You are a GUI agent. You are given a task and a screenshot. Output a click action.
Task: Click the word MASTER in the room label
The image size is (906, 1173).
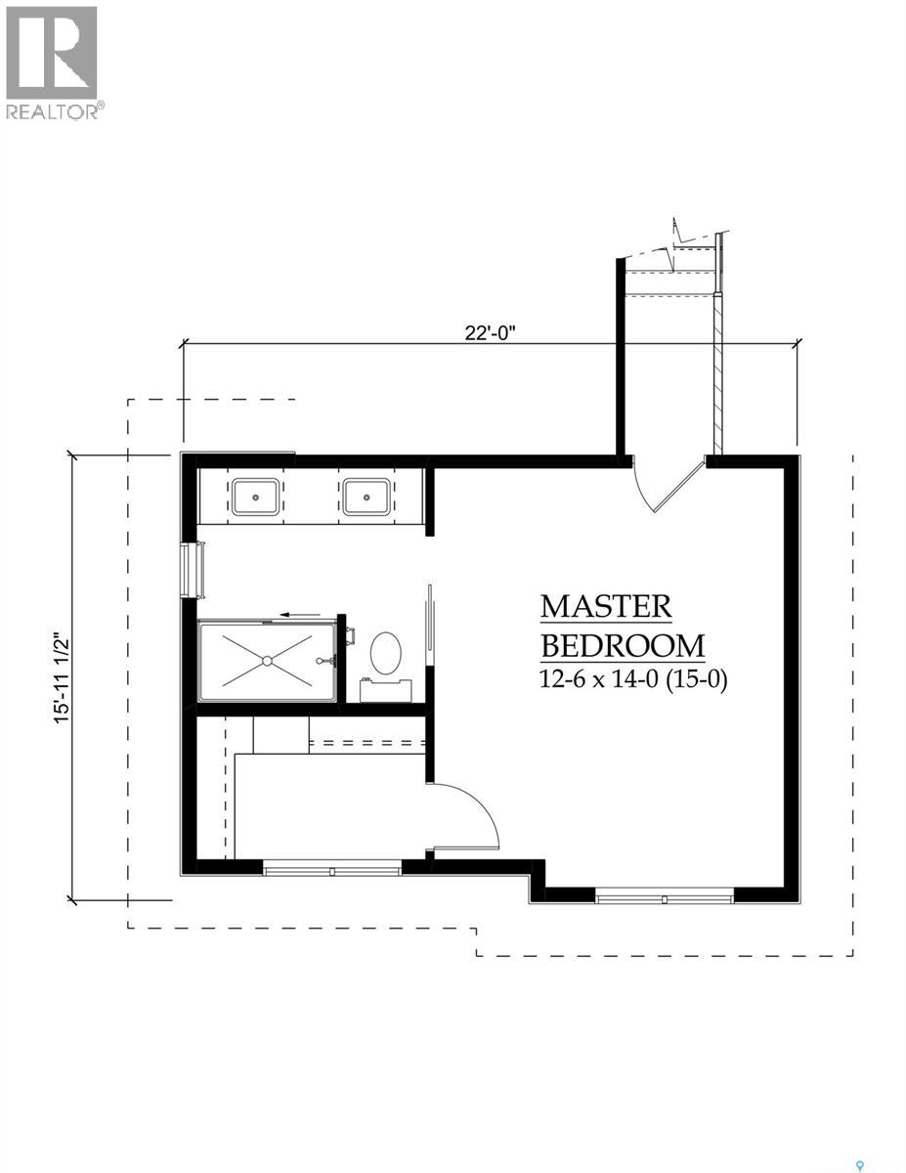click(606, 606)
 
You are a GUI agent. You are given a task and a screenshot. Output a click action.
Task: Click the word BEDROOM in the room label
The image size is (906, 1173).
click(623, 646)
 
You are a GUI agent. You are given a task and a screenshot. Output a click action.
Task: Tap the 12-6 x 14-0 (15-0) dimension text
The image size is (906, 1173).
click(633, 680)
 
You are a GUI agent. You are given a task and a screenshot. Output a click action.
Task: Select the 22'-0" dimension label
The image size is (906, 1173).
click(490, 331)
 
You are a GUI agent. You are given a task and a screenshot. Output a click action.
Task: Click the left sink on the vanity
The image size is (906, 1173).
click(257, 497)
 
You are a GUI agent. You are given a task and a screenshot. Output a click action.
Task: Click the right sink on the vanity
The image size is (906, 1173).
click(367, 497)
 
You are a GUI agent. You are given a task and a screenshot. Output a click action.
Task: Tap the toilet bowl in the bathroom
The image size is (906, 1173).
click(386, 653)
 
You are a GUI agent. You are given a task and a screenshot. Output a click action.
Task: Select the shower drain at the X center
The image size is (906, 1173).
click(267, 662)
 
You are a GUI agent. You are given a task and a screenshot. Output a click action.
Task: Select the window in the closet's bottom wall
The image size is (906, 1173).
click(332, 867)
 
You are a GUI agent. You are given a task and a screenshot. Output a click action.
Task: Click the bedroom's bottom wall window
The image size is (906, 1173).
click(665, 894)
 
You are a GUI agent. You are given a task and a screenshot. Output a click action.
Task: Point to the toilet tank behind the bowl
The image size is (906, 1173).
click(384, 690)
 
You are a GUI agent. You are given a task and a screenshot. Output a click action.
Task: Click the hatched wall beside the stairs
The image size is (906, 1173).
click(717, 371)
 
